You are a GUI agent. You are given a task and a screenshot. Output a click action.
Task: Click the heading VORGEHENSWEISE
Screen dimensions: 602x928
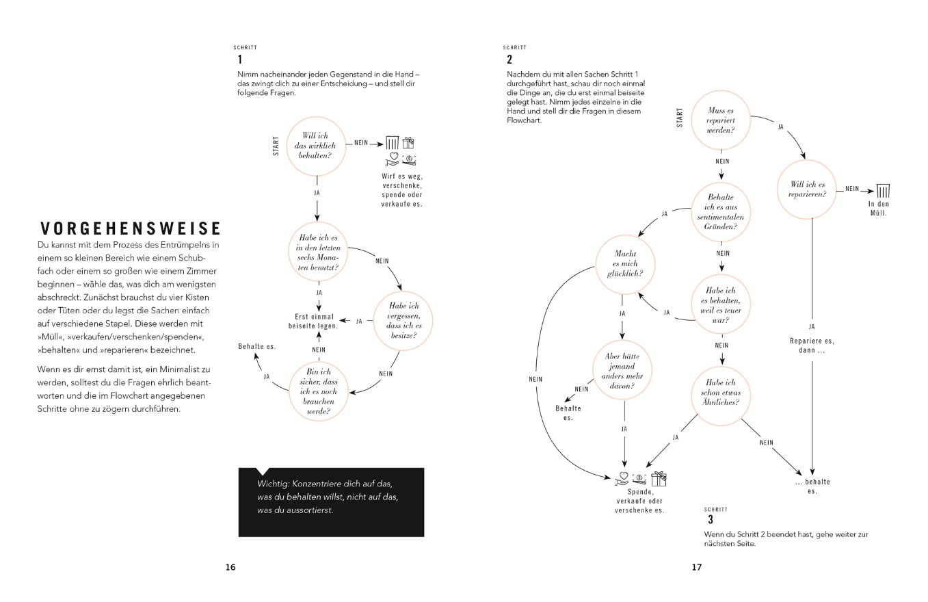click(130, 228)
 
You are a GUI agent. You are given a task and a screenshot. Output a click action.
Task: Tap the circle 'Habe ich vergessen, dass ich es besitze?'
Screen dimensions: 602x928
click(405, 321)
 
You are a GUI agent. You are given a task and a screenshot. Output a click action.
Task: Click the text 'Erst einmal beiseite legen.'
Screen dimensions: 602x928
click(315, 321)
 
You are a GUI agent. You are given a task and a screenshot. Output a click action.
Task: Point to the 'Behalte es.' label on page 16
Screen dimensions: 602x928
click(257, 347)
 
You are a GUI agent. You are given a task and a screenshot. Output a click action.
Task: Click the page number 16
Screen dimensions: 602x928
click(230, 566)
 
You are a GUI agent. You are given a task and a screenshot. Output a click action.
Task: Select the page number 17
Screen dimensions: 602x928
click(697, 566)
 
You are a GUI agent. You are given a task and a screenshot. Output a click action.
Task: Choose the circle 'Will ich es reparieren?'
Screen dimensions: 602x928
click(808, 189)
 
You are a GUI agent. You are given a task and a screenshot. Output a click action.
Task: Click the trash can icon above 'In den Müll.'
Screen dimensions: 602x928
click(883, 191)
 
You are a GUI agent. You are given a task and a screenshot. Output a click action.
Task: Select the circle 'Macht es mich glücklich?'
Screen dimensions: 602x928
click(625, 264)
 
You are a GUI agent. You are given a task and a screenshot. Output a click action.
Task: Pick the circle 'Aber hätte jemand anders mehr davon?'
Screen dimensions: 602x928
click(622, 372)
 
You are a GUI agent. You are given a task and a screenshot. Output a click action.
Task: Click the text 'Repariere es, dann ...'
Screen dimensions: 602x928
click(812, 345)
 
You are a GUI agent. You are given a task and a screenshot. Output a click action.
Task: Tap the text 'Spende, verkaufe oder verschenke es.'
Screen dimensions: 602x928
click(639, 501)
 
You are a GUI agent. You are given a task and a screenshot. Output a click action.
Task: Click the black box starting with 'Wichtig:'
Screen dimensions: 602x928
click(331, 502)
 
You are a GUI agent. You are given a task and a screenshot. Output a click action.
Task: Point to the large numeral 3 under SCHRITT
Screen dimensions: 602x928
click(711, 520)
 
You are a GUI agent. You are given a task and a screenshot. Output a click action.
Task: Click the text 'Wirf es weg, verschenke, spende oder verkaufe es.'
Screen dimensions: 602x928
click(401, 189)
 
